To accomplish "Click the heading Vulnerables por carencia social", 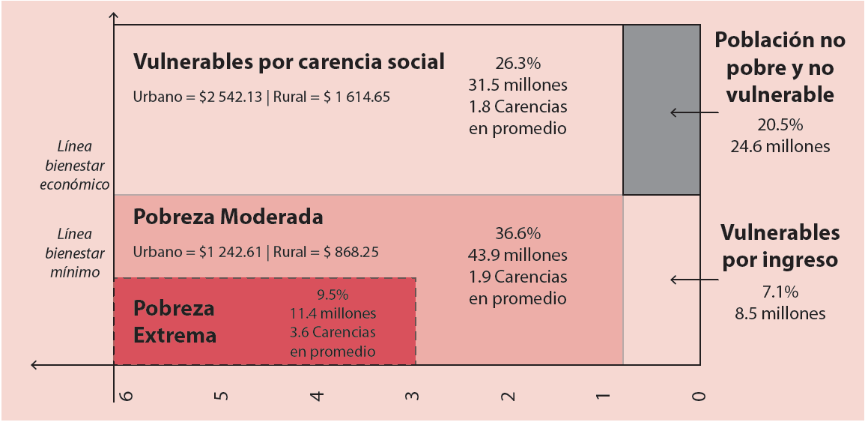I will [288, 62].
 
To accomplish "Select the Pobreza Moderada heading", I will [228, 217].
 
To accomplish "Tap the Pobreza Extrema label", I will [174, 322].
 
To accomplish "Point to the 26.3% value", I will [518, 63].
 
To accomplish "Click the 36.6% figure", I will [518, 233].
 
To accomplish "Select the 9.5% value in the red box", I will [333, 295].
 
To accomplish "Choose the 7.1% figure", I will [780, 292].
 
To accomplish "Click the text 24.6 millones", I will [780, 147].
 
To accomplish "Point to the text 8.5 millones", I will [780, 313].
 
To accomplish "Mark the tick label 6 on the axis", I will [125, 394].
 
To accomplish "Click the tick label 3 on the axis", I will [411, 394].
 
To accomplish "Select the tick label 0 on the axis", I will [698, 394].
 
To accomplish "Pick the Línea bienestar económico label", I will [75, 165].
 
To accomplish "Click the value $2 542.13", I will [231, 97].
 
